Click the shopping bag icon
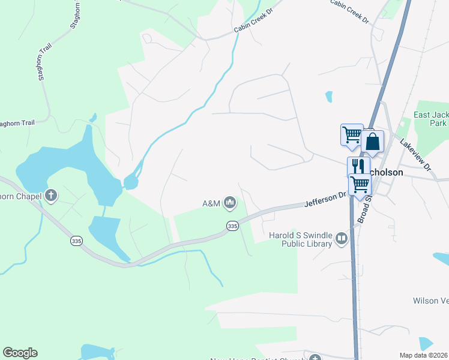pyautogui.click(x=372, y=142)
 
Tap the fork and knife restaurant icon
pyautogui.click(x=358, y=166)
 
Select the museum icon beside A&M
pyautogui.click(x=229, y=203)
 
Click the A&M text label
pyautogui.click(x=211, y=204)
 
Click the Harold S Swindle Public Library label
pyautogui.click(x=301, y=239)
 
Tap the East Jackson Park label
pyautogui.click(x=430, y=119)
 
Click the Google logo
pyautogui.click(x=20, y=353)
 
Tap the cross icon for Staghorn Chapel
pyautogui.click(x=52, y=195)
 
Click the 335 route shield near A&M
pyautogui.click(x=233, y=226)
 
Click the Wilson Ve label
pyautogui.click(x=430, y=300)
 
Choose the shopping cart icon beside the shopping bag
pyautogui.click(x=351, y=134)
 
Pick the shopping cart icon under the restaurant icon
pyautogui.click(x=359, y=184)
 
